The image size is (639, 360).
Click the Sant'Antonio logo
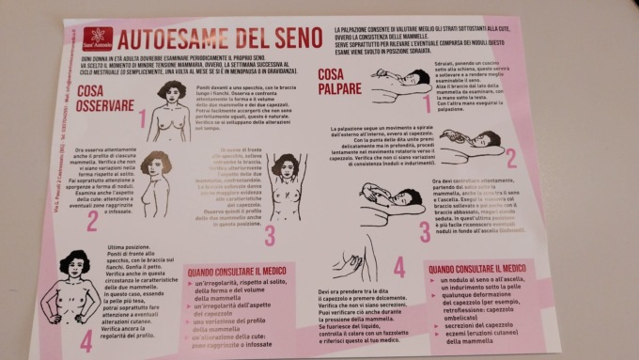(99, 39)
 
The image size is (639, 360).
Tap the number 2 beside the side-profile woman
(93, 220)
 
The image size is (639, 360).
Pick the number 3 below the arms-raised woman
(271, 233)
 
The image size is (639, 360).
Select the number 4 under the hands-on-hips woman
(86, 340)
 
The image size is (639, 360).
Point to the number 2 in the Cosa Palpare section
(511, 158)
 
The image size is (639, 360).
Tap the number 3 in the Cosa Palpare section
(426, 230)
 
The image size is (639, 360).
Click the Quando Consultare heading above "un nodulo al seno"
(479, 269)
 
